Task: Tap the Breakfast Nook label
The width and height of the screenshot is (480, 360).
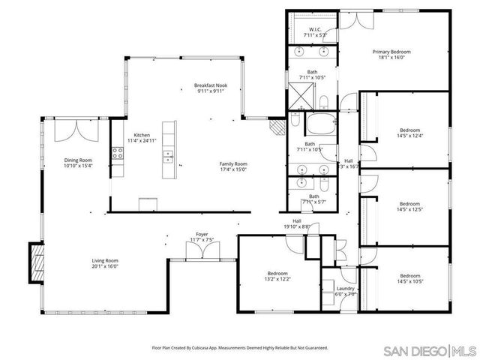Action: [211, 86]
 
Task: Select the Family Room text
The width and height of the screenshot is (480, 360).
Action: [233, 163]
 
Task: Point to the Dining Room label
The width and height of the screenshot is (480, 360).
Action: [77, 160]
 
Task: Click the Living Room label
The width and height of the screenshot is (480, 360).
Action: [106, 260]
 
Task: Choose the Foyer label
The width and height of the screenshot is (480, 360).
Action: [202, 234]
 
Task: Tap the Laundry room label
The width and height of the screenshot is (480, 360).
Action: [346, 288]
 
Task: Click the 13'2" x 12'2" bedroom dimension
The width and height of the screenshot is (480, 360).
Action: [277, 279]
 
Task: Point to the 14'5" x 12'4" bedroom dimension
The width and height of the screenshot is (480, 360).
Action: [409, 135]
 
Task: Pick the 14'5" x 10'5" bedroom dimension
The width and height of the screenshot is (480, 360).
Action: [409, 281]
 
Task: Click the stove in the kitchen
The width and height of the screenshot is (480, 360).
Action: [118, 155]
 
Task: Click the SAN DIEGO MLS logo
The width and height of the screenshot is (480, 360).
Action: [430, 350]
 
